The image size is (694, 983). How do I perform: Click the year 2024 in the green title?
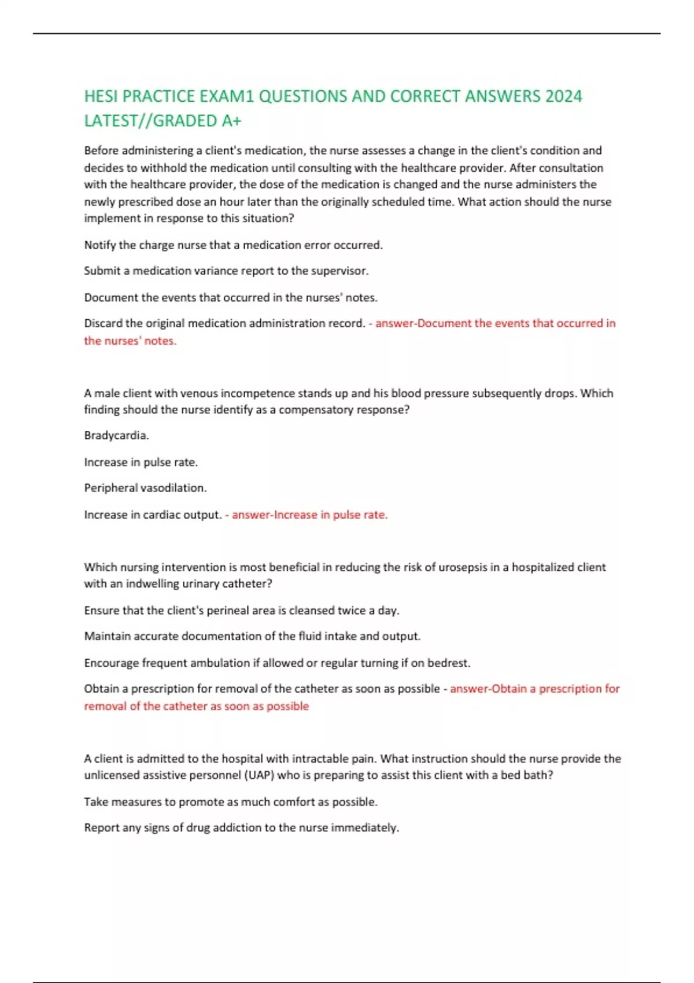563,96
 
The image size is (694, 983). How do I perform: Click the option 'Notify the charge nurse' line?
233,245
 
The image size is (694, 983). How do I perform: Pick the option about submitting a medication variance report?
226,271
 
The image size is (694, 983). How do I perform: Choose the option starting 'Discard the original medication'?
224,323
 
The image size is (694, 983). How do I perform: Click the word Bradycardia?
116,435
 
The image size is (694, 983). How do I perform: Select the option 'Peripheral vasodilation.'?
145,488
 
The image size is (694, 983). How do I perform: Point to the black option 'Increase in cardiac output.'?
153,515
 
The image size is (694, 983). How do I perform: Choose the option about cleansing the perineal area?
241,611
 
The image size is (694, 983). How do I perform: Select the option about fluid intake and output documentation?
252,636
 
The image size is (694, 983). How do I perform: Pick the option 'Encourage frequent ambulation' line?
277,663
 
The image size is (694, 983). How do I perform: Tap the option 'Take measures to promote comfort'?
230,802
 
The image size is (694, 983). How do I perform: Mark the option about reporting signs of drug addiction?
241,828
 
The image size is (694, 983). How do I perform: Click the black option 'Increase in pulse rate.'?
141,463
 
